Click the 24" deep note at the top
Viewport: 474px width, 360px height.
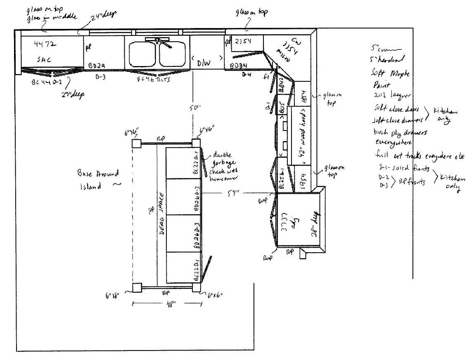click(x=104, y=15)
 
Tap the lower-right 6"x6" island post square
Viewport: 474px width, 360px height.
click(x=197, y=287)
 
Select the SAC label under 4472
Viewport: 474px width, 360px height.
click(x=44, y=59)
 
